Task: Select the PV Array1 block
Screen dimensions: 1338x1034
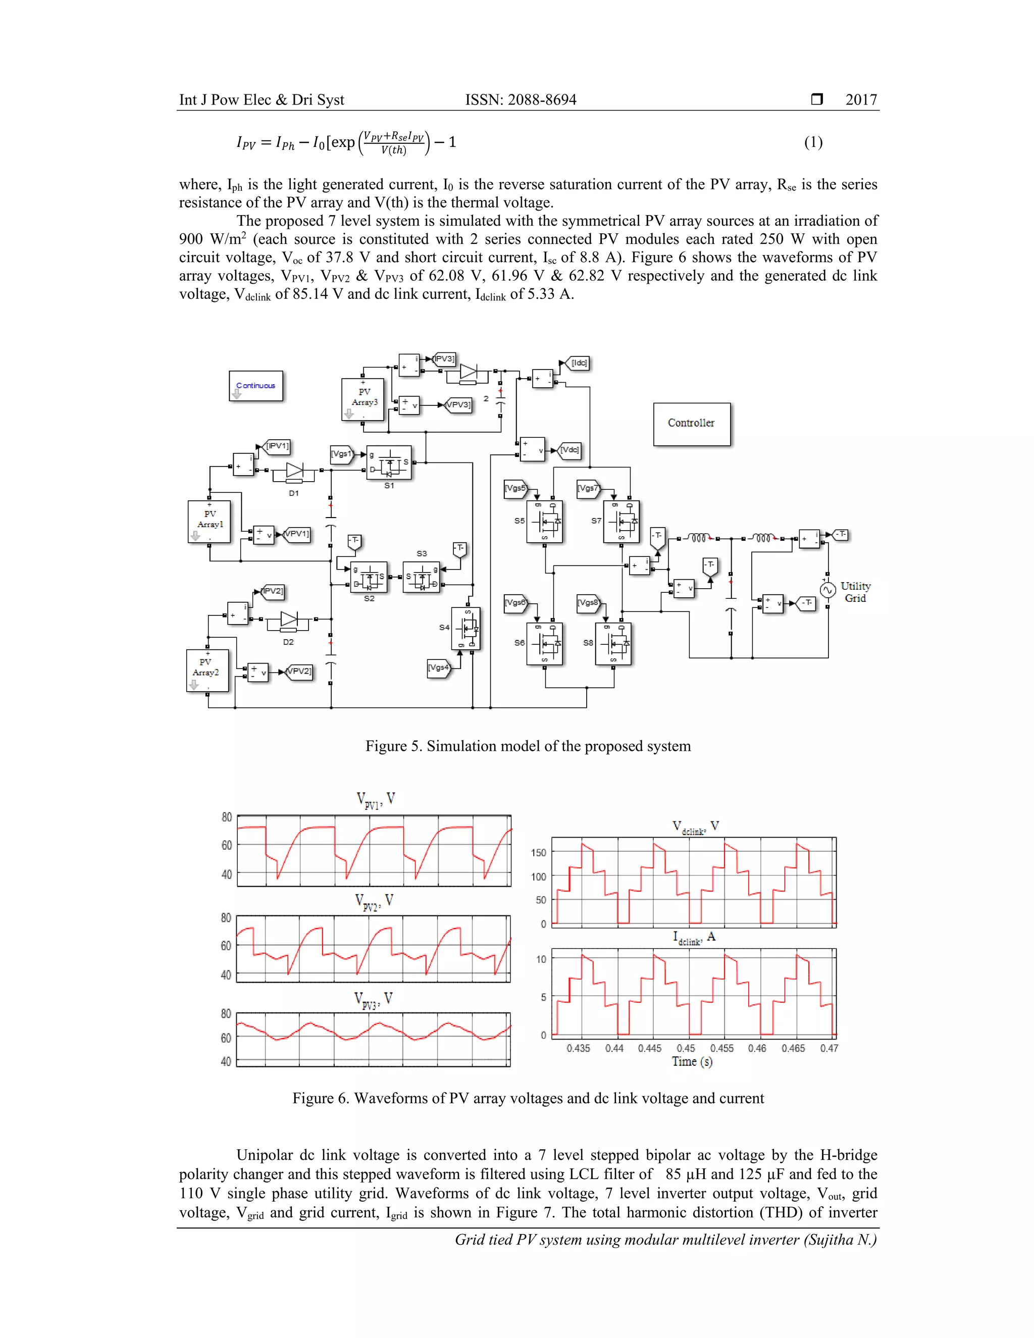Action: [x=210, y=521]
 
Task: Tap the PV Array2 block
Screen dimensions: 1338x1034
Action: [x=207, y=670]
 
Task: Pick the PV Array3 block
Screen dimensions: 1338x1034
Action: [x=363, y=399]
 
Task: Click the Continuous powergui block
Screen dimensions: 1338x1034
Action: [x=256, y=386]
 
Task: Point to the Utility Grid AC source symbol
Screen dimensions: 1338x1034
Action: [x=828, y=590]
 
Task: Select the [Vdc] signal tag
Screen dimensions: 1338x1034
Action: [x=569, y=450]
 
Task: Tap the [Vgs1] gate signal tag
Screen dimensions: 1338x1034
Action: [x=342, y=454]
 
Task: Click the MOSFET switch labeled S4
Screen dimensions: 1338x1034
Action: [x=466, y=628]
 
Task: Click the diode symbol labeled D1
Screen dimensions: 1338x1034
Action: [x=295, y=471]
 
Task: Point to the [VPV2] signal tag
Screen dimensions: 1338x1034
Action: [x=299, y=672]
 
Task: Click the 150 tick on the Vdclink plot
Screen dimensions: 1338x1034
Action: [x=538, y=852]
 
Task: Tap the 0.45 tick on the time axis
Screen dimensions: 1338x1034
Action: [x=686, y=1048]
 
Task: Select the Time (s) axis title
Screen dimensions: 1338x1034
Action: [x=692, y=1062]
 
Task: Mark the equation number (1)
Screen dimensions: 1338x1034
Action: [x=813, y=142]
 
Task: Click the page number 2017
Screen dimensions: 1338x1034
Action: [x=861, y=100]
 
